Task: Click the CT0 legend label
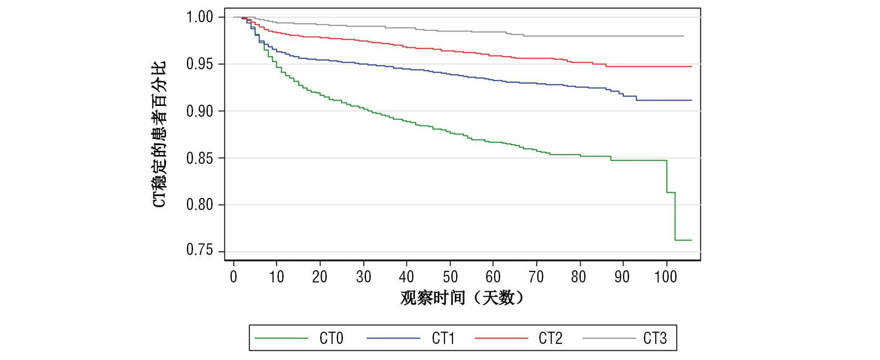pos(331,338)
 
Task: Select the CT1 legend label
pos(443,338)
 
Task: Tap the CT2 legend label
pos(550,338)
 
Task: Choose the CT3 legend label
pos(655,338)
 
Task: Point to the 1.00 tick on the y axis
pos(200,17)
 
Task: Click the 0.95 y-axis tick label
pos(200,64)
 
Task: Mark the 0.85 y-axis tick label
pos(200,158)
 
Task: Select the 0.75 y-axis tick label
pos(200,250)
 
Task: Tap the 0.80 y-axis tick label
pos(200,204)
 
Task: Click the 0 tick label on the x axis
pos(234,277)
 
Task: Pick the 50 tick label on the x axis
pos(450,277)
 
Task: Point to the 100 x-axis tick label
pos(666,277)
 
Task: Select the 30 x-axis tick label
pos(363,277)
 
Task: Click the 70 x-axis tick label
pos(536,277)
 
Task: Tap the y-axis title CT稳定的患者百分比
pos(159,134)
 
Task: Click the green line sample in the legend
pos(281,338)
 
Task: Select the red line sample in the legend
pos(501,338)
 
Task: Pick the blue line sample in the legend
pos(393,338)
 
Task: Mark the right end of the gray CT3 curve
pos(683,36)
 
